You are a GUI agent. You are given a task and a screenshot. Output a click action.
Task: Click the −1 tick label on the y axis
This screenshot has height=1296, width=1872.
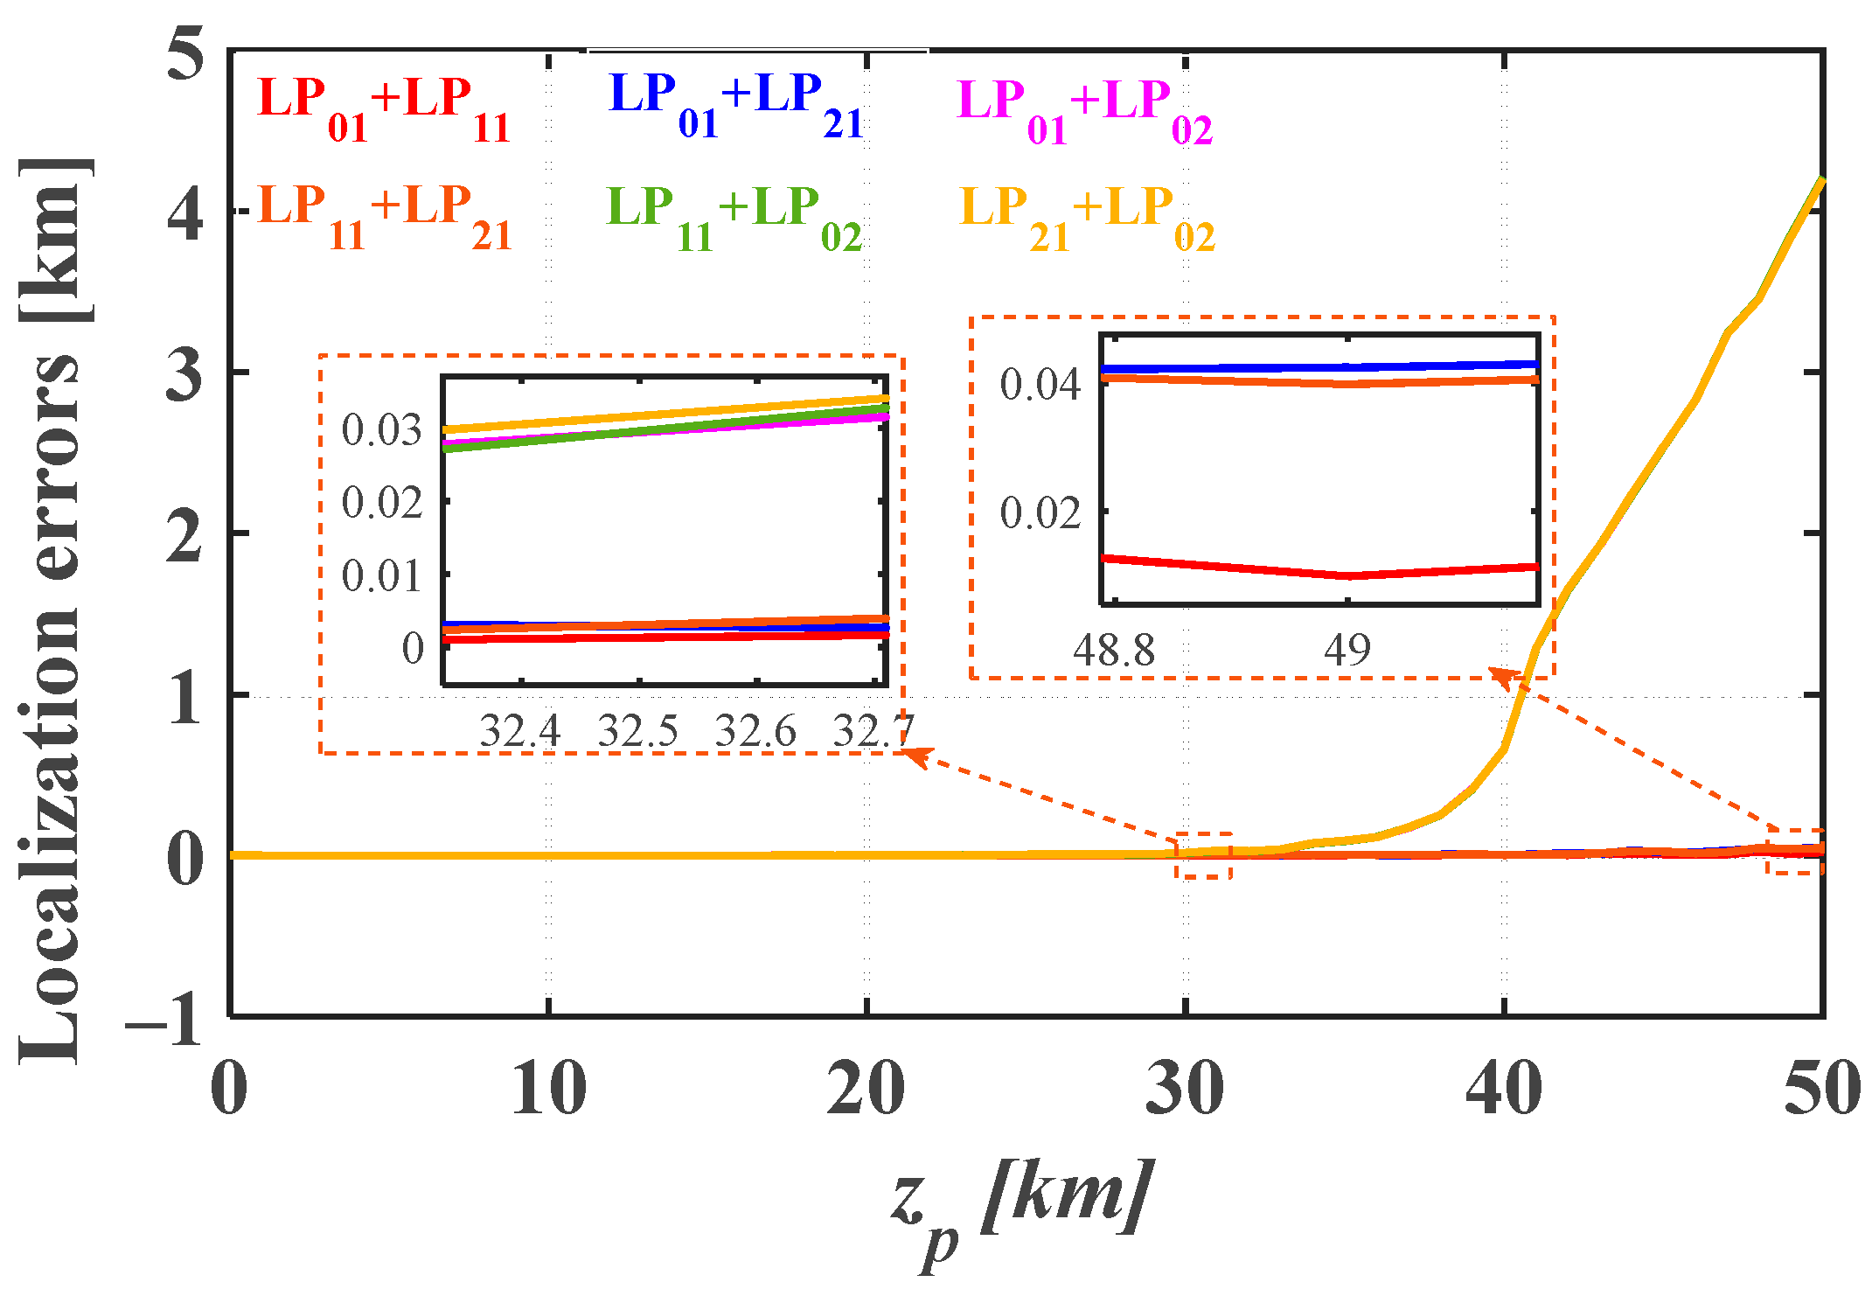[166, 1020]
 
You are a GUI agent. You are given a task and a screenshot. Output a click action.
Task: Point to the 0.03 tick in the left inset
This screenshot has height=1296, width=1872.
[381, 429]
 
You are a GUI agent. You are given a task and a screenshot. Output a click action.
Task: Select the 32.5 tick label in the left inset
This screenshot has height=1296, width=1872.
[637, 731]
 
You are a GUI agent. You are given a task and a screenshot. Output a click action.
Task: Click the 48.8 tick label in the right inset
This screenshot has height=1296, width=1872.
[1114, 651]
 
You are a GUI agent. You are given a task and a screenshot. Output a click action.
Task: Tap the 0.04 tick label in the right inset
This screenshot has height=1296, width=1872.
[1040, 384]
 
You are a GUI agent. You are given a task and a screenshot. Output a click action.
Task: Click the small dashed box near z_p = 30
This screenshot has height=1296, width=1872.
[1204, 855]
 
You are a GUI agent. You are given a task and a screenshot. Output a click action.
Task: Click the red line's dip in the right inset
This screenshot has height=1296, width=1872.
[1349, 575]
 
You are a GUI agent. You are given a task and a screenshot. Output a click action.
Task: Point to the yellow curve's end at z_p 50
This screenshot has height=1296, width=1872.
[1821, 180]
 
